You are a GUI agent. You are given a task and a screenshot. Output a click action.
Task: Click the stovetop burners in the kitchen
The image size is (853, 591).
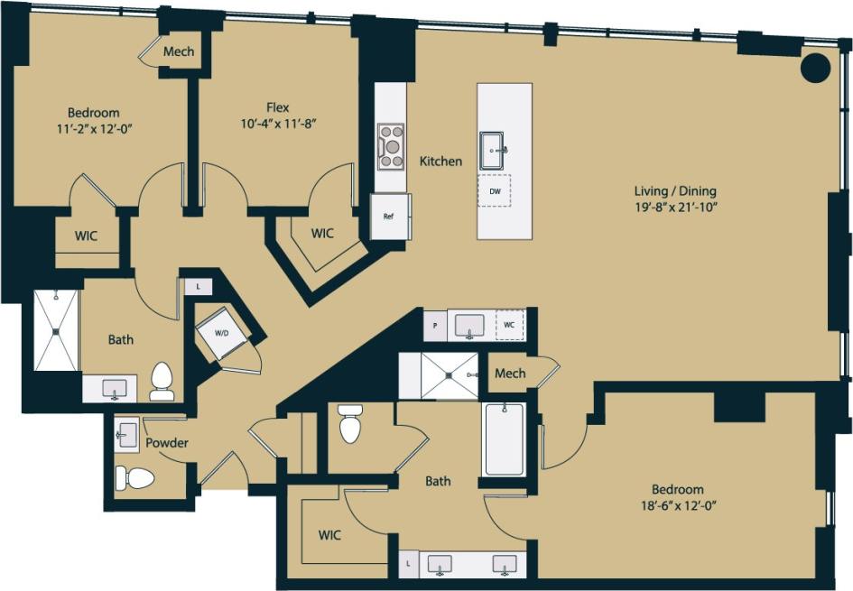[391, 145]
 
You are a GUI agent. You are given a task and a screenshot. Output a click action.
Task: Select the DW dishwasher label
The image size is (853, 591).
[495, 190]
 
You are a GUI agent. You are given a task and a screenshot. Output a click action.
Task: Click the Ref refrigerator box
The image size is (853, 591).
[389, 217]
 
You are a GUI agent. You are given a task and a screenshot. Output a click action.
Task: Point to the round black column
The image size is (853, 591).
[816, 68]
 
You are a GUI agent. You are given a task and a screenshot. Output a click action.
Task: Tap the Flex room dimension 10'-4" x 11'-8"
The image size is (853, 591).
[283, 123]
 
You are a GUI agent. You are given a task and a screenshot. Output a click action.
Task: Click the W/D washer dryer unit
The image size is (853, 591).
[221, 334]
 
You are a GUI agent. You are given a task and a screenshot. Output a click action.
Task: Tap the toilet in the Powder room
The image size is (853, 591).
[135, 476]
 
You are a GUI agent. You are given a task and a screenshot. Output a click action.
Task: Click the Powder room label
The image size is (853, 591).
[167, 443]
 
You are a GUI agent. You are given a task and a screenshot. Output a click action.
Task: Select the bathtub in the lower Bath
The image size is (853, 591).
[504, 439]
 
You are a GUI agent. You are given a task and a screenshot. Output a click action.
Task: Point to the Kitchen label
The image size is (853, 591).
[440, 162]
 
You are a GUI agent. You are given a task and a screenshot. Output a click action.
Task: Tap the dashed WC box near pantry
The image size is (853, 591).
[510, 325]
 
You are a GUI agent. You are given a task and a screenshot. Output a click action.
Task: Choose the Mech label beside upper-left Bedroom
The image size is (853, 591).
[179, 51]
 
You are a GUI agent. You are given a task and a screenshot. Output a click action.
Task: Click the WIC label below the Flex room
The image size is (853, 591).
[322, 234]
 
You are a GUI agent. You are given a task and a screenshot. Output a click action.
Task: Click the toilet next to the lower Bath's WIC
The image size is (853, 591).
[350, 423]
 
